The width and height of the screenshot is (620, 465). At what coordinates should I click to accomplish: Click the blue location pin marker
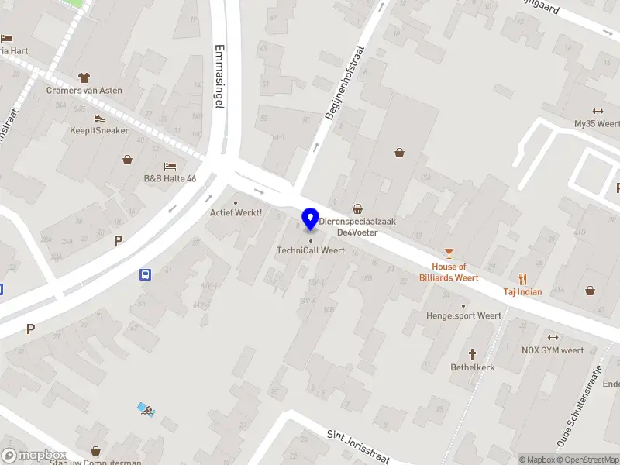click(x=311, y=219)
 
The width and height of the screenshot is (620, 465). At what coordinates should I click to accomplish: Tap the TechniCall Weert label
click(x=311, y=250)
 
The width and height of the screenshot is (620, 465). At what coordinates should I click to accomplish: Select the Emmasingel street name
click(x=219, y=77)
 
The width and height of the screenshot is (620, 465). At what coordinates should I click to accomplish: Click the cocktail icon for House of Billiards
click(x=449, y=253)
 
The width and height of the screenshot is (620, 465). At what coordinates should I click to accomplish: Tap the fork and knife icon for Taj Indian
click(x=522, y=279)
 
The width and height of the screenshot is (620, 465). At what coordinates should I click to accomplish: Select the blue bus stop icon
click(x=145, y=274)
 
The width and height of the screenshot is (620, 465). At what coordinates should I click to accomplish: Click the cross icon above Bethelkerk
click(x=473, y=353)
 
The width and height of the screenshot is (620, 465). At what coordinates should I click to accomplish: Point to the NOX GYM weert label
click(x=553, y=350)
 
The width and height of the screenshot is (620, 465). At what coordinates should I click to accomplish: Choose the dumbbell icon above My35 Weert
click(x=598, y=111)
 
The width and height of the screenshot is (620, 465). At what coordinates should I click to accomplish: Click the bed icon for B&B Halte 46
click(x=170, y=166)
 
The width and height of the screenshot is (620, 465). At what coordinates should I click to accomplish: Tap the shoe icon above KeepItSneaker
click(x=99, y=118)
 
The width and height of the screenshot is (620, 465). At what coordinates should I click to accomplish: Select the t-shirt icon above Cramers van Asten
click(x=84, y=77)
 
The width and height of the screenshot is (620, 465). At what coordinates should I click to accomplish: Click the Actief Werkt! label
click(x=236, y=212)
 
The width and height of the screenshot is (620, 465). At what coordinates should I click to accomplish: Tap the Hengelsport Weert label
click(x=463, y=315)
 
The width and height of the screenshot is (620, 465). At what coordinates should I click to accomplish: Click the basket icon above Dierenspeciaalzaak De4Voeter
click(x=357, y=208)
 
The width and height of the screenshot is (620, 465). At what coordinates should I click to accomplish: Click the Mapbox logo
click(x=33, y=456)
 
